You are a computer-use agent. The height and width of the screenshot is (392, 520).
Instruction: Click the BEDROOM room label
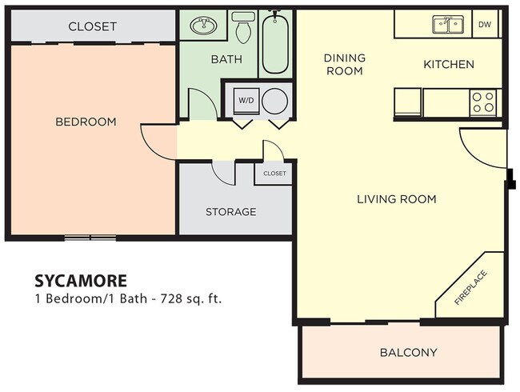tap(86, 122)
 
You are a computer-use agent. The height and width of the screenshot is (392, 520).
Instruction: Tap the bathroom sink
tap(203, 27)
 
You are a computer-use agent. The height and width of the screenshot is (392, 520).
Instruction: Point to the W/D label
tap(245, 100)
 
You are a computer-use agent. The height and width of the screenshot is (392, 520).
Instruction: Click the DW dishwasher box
tap(484, 24)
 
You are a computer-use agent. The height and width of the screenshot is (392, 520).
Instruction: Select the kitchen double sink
tap(446, 25)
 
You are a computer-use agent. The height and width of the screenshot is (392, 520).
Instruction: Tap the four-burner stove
tap(482, 102)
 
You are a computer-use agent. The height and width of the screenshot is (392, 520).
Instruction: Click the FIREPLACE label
tap(471, 289)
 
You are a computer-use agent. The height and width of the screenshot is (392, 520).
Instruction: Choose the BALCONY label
tap(408, 352)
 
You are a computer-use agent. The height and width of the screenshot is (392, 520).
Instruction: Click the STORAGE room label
tap(230, 212)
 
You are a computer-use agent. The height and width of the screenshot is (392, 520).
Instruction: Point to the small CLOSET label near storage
tap(274, 173)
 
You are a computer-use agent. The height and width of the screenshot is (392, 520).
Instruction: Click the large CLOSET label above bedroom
tap(92, 26)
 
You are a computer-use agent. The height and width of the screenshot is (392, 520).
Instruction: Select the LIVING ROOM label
tap(396, 198)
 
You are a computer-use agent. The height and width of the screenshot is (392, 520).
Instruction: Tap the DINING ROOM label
tap(344, 64)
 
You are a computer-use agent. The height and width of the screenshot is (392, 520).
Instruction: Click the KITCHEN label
tap(448, 64)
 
